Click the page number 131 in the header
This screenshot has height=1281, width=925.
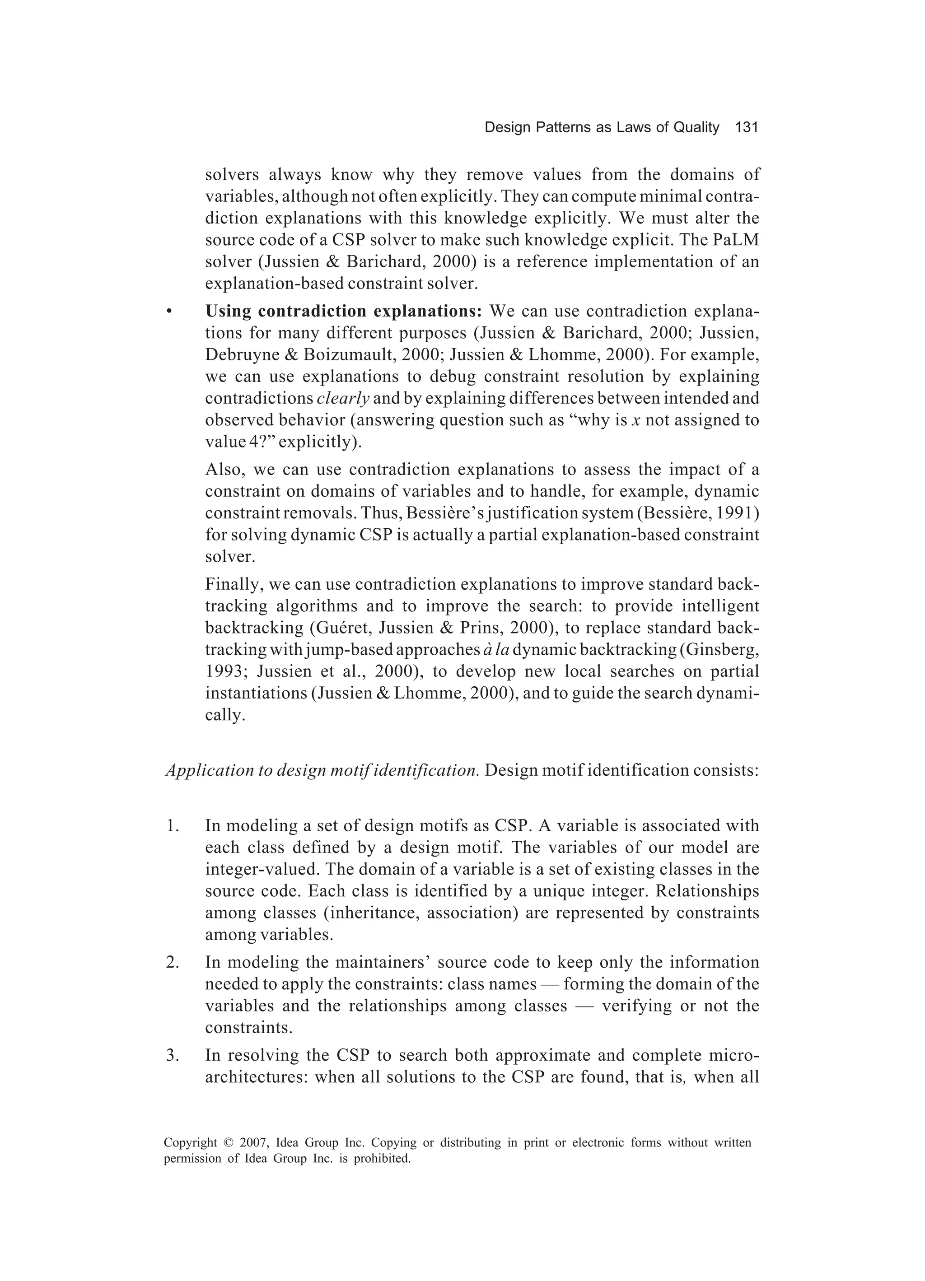(x=746, y=128)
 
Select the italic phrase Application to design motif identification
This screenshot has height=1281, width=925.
(x=322, y=771)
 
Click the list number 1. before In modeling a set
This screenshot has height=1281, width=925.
(x=173, y=826)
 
